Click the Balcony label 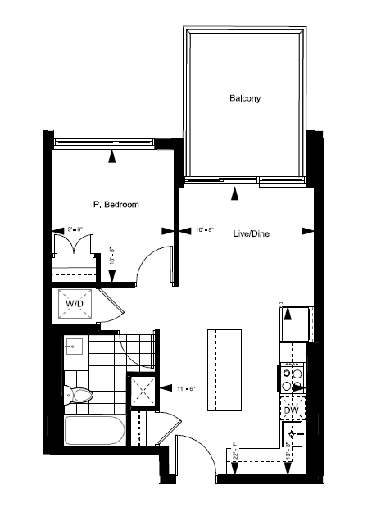[x=245, y=99]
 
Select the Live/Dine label [x=252, y=233]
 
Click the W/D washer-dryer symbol [x=75, y=305]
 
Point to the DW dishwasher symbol [x=292, y=410]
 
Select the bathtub [x=94, y=432]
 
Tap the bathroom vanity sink [x=75, y=347]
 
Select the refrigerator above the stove [x=295, y=323]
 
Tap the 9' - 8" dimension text [x=75, y=230]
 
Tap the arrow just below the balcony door [x=236, y=194]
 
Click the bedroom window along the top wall [x=103, y=143]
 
